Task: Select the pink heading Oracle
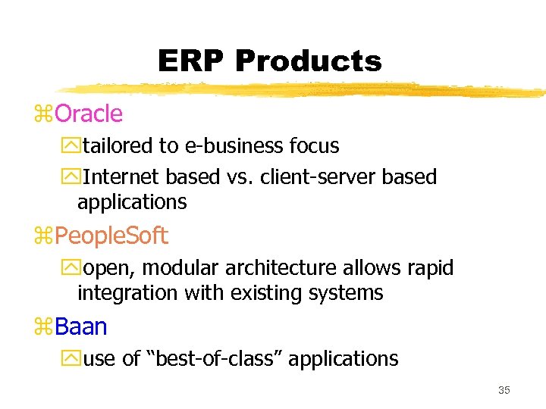click(x=89, y=114)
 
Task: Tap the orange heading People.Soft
click(x=111, y=236)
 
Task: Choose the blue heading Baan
click(x=81, y=327)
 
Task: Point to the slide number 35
click(x=504, y=390)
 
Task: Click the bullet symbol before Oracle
click(x=45, y=115)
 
